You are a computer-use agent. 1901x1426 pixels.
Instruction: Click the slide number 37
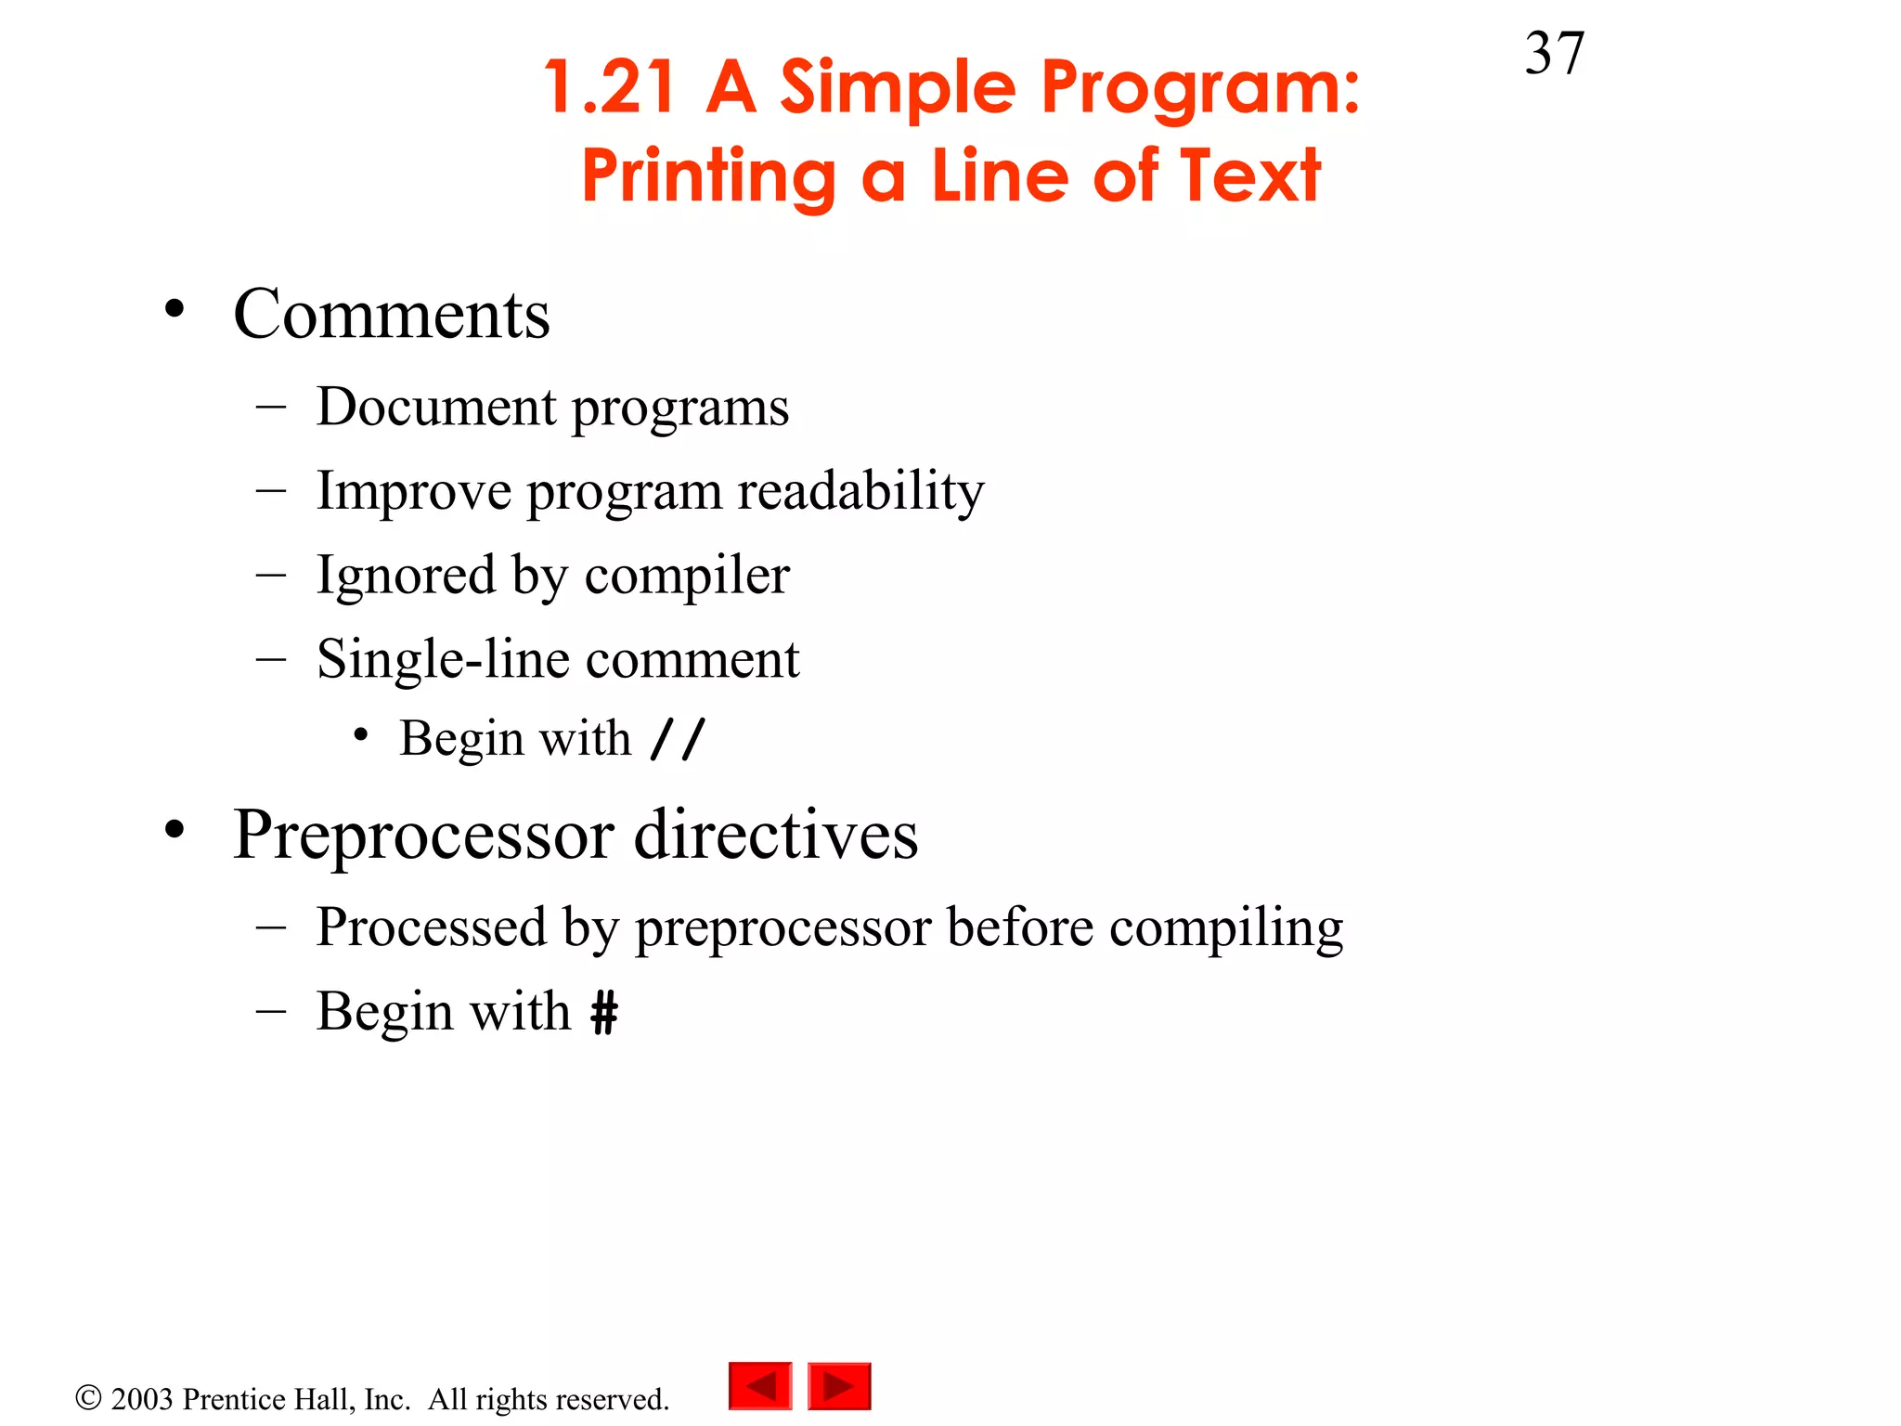[1554, 54]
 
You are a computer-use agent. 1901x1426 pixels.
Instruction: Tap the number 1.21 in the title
[609, 87]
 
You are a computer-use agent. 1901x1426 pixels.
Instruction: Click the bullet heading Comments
[391, 315]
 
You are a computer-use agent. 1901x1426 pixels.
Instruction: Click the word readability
[860, 491]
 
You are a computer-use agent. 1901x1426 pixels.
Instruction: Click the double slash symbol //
[679, 740]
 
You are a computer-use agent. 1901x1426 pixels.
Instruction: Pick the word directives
[776, 835]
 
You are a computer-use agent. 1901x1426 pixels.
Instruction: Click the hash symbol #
[604, 1012]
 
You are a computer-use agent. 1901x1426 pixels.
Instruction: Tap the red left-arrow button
[760, 1386]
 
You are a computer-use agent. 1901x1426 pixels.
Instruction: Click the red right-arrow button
[839, 1386]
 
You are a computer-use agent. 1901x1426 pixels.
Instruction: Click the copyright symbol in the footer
[88, 1398]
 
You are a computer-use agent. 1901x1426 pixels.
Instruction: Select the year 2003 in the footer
[142, 1399]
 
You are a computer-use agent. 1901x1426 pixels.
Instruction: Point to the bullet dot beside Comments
[175, 309]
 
